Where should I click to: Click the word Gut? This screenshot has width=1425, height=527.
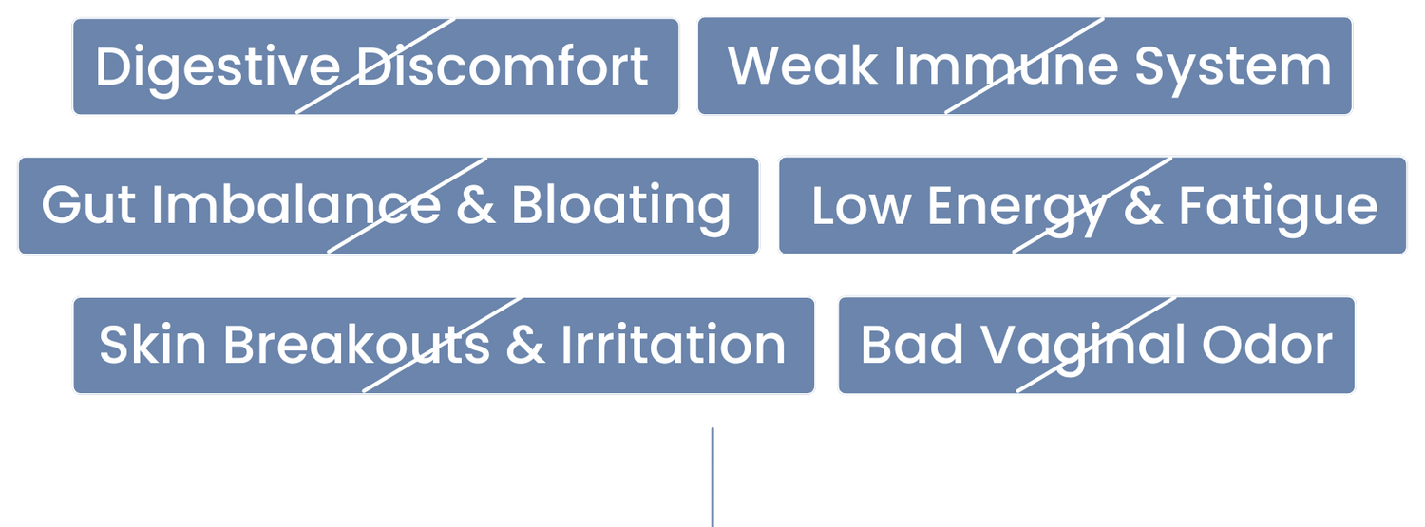(88, 205)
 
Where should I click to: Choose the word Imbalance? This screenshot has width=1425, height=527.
(295, 204)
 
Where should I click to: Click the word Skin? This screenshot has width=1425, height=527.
(153, 344)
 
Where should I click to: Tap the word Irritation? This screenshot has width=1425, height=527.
(673, 344)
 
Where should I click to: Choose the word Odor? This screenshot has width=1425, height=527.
(1267, 344)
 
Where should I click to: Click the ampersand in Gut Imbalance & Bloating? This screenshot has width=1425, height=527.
(476, 205)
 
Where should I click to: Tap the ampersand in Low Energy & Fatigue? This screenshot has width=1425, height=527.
(1143, 205)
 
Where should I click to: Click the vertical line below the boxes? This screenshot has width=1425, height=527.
(712, 477)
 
